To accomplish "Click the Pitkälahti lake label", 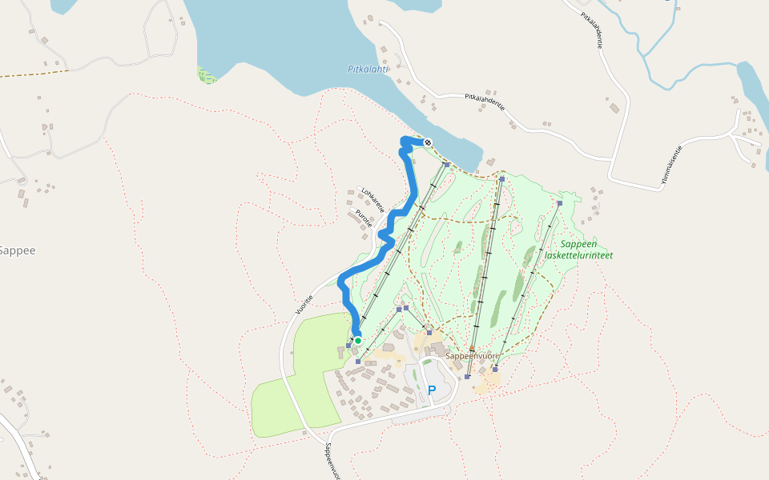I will click(x=368, y=69).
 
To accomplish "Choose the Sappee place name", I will click(x=17, y=250).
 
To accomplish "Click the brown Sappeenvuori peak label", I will click(x=473, y=356).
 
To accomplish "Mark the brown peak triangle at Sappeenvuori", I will click(x=472, y=348).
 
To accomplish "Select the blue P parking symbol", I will click(x=432, y=390).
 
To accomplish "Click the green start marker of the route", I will click(x=358, y=341).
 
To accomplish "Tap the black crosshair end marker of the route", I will click(x=428, y=142).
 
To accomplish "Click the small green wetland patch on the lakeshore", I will click(x=207, y=75).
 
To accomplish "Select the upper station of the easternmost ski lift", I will click(x=559, y=203).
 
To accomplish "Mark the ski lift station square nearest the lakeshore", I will click(x=446, y=165).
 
